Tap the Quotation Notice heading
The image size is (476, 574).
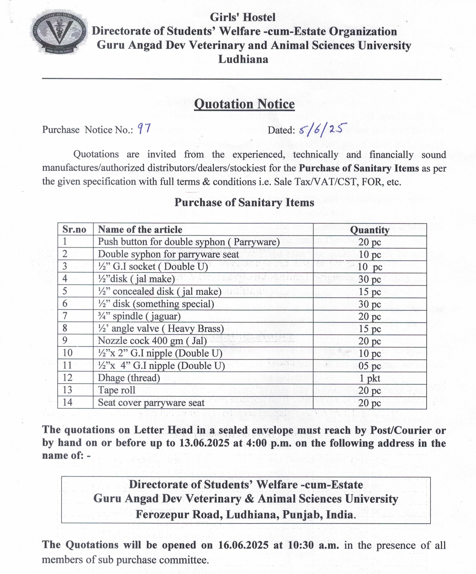pyautogui.click(x=244, y=104)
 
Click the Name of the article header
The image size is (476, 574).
pyautogui.click(x=140, y=230)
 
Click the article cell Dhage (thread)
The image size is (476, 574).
pyautogui.click(x=129, y=378)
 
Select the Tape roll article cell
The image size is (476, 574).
pyautogui.click(x=117, y=390)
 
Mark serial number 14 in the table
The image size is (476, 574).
pyautogui.click(x=68, y=402)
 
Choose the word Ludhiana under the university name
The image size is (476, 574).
pyautogui.click(x=243, y=59)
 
